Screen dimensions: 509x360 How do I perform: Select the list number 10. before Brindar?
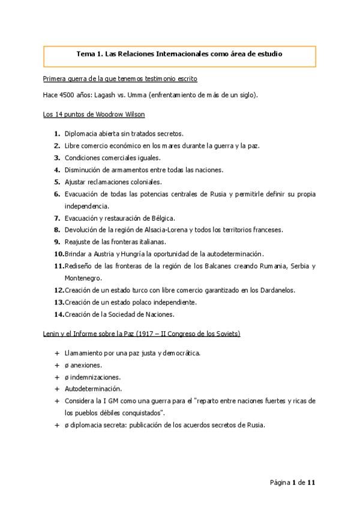pos(59,254)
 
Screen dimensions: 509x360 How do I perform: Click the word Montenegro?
pos(83,278)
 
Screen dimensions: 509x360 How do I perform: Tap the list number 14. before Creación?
pos(59,314)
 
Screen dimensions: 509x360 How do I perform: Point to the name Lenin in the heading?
pos(52,333)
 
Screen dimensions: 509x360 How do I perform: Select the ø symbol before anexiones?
pos(67,365)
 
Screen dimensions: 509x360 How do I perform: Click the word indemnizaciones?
pos(95,377)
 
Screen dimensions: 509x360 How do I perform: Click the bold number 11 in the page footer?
pos(311,483)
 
